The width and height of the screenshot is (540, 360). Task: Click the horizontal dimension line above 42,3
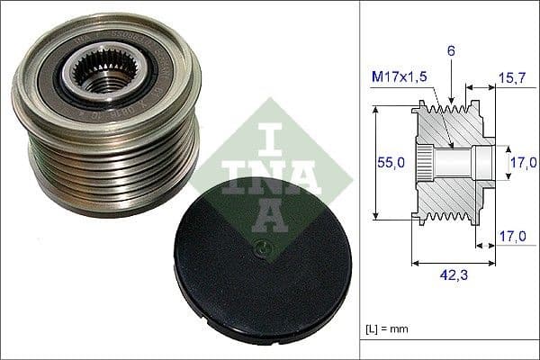(451, 264)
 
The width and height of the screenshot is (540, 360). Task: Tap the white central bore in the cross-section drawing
(459, 163)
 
